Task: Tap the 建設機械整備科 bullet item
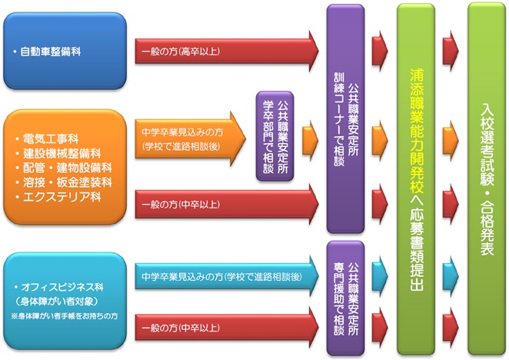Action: coord(58,154)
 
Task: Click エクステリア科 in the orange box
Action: coord(53,196)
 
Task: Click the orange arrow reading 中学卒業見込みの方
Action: coord(188,137)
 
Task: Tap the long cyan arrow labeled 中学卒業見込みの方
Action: coord(227,274)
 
